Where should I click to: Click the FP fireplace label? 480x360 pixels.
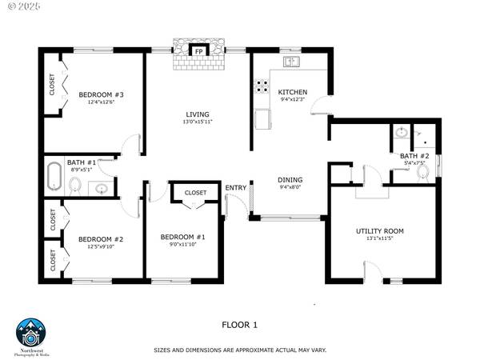click(198, 53)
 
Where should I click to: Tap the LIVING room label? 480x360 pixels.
click(198, 114)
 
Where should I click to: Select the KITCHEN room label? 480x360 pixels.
click(292, 92)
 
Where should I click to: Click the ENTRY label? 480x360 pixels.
click(236, 188)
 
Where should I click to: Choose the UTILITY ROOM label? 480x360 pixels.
click(380, 231)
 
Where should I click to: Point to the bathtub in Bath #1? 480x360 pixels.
click(54, 174)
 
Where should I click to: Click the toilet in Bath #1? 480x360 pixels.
click(75, 186)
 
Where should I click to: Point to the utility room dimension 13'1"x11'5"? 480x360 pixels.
click(380, 239)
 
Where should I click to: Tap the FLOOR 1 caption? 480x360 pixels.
click(240, 325)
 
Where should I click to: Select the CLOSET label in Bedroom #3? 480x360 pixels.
click(53, 86)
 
